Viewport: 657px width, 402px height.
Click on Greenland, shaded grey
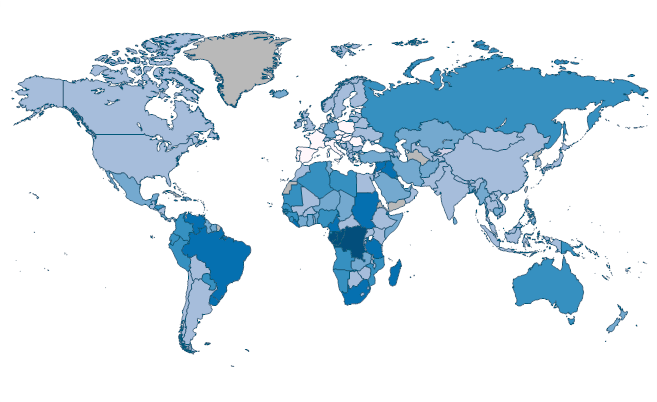pyautogui.click(x=240, y=65)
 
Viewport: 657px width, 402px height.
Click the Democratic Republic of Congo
pyautogui.click(x=352, y=242)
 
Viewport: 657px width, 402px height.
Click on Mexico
pyautogui.click(x=125, y=189)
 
